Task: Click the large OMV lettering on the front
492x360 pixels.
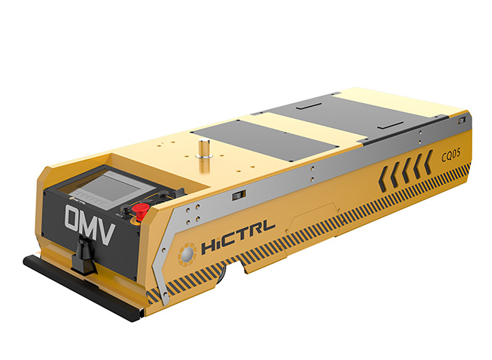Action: [89, 224]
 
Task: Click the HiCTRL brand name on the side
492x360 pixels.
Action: [238, 237]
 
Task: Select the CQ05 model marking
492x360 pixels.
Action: [451, 155]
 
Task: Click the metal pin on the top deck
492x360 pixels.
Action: [205, 149]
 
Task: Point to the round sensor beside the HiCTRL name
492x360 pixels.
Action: [187, 254]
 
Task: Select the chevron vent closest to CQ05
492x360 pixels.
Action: [428, 162]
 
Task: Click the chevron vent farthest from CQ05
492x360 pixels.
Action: [384, 179]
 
